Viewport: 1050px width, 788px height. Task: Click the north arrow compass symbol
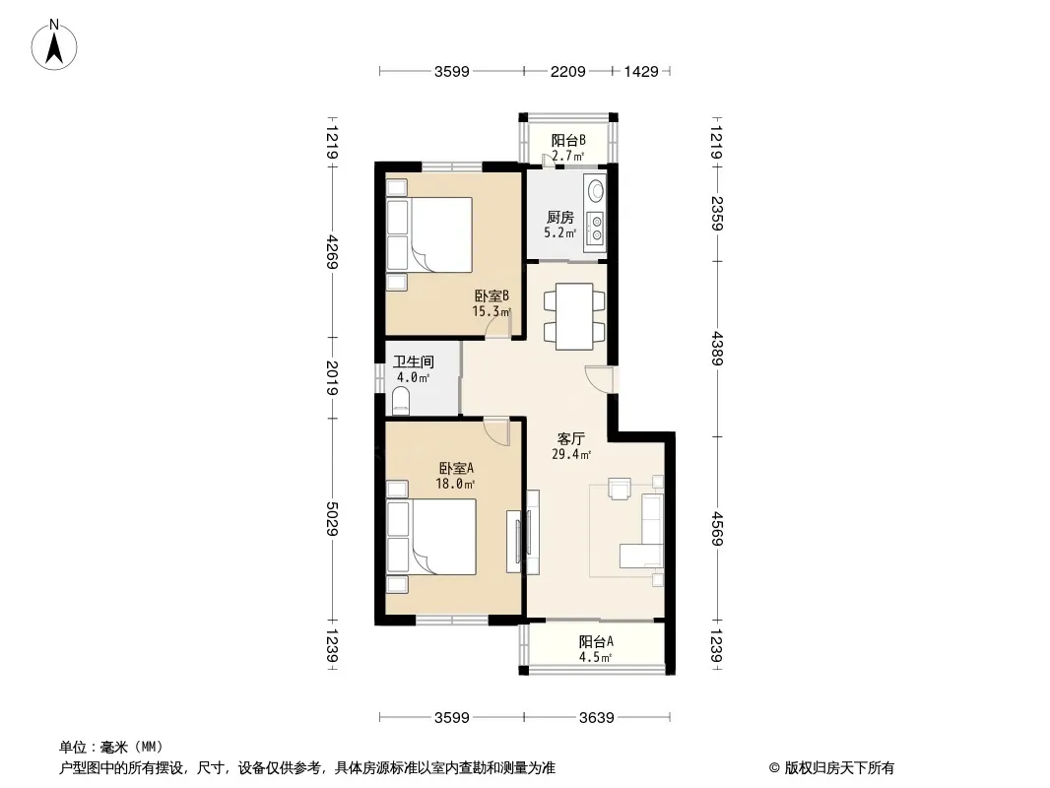pyautogui.click(x=54, y=45)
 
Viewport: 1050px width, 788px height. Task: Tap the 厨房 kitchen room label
pyautogui.click(x=559, y=218)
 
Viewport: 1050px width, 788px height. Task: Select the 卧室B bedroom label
pyautogui.click(x=492, y=295)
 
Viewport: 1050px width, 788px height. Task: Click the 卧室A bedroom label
pyautogui.click(x=456, y=469)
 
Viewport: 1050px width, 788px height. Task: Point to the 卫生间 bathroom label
pyautogui.click(x=413, y=362)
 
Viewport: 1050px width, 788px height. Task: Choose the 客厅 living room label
pyautogui.click(x=571, y=439)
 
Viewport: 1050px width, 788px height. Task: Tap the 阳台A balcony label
pyautogui.click(x=596, y=642)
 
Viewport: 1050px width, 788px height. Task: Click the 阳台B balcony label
pyautogui.click(x=568, y=141)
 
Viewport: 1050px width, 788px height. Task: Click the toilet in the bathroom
pyautogui.click(x=401, y=400)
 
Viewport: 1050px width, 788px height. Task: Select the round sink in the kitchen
pyautogui.click(x=595, y=191)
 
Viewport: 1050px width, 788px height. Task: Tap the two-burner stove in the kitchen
pyautogui.click(x=595, y=228)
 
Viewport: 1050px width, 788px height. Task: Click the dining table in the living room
pyautogui.click(x=574, y=316)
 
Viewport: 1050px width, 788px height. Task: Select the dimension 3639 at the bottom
pyautogui.click(x=597, y=718)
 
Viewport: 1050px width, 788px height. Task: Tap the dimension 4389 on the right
pyautogui.click(x=717, y=349)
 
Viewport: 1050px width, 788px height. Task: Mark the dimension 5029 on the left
pyautogui.click(x=332, y=518)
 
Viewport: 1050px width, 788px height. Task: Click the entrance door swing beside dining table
pyautogui.click(x=599, y=379)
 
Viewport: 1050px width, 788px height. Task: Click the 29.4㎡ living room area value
pyautogui.click(x=571, y=455)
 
